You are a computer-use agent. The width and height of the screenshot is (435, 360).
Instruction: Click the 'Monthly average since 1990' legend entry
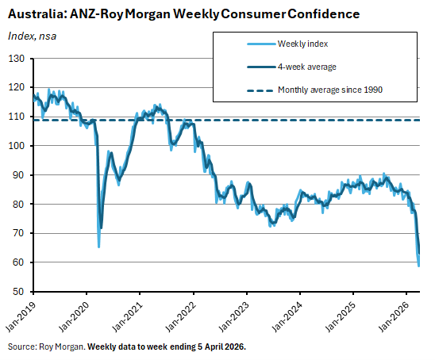330,90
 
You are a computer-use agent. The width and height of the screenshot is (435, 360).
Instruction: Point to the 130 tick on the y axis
17,59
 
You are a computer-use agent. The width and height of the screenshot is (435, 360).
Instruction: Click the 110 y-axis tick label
17,117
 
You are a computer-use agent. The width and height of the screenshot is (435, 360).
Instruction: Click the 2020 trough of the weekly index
98,247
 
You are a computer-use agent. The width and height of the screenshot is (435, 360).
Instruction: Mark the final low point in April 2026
418,266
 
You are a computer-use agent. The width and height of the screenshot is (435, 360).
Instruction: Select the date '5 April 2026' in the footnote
217,347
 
